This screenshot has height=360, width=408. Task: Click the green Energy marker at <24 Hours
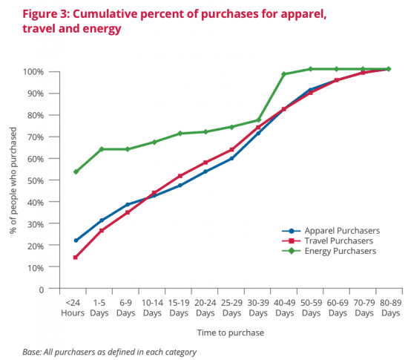76,171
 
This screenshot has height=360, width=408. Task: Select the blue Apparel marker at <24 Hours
76,240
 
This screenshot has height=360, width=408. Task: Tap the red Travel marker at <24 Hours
76,258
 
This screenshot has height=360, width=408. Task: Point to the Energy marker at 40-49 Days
284,74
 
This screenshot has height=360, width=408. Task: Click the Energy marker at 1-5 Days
102,149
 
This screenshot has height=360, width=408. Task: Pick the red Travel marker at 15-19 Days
180,176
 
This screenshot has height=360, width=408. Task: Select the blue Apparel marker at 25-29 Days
232,158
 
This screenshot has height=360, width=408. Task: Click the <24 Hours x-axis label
75,308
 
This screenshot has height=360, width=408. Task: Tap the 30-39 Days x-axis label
258,308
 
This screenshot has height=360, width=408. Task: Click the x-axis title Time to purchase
230,333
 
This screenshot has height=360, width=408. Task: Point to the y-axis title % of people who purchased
13,180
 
